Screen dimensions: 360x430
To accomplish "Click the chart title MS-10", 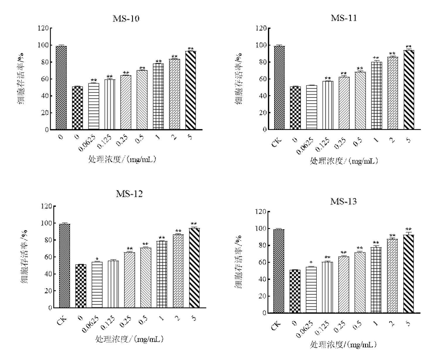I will [x=126, y=19].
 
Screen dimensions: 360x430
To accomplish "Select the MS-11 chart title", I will [x=344, y=18].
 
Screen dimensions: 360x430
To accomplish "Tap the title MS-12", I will [x=129, y=194].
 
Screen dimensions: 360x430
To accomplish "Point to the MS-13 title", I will [x=343, y=201].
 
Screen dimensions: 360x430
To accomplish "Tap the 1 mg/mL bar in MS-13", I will [x=376, y=280].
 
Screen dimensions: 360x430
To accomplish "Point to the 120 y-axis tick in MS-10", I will [x=43, y=28].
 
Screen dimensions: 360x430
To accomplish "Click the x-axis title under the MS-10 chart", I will [x=122, y=159].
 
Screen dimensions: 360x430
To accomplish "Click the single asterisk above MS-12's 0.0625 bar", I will [x=97, y=259].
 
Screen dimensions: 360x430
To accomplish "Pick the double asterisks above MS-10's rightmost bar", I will [x=191, y=49].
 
